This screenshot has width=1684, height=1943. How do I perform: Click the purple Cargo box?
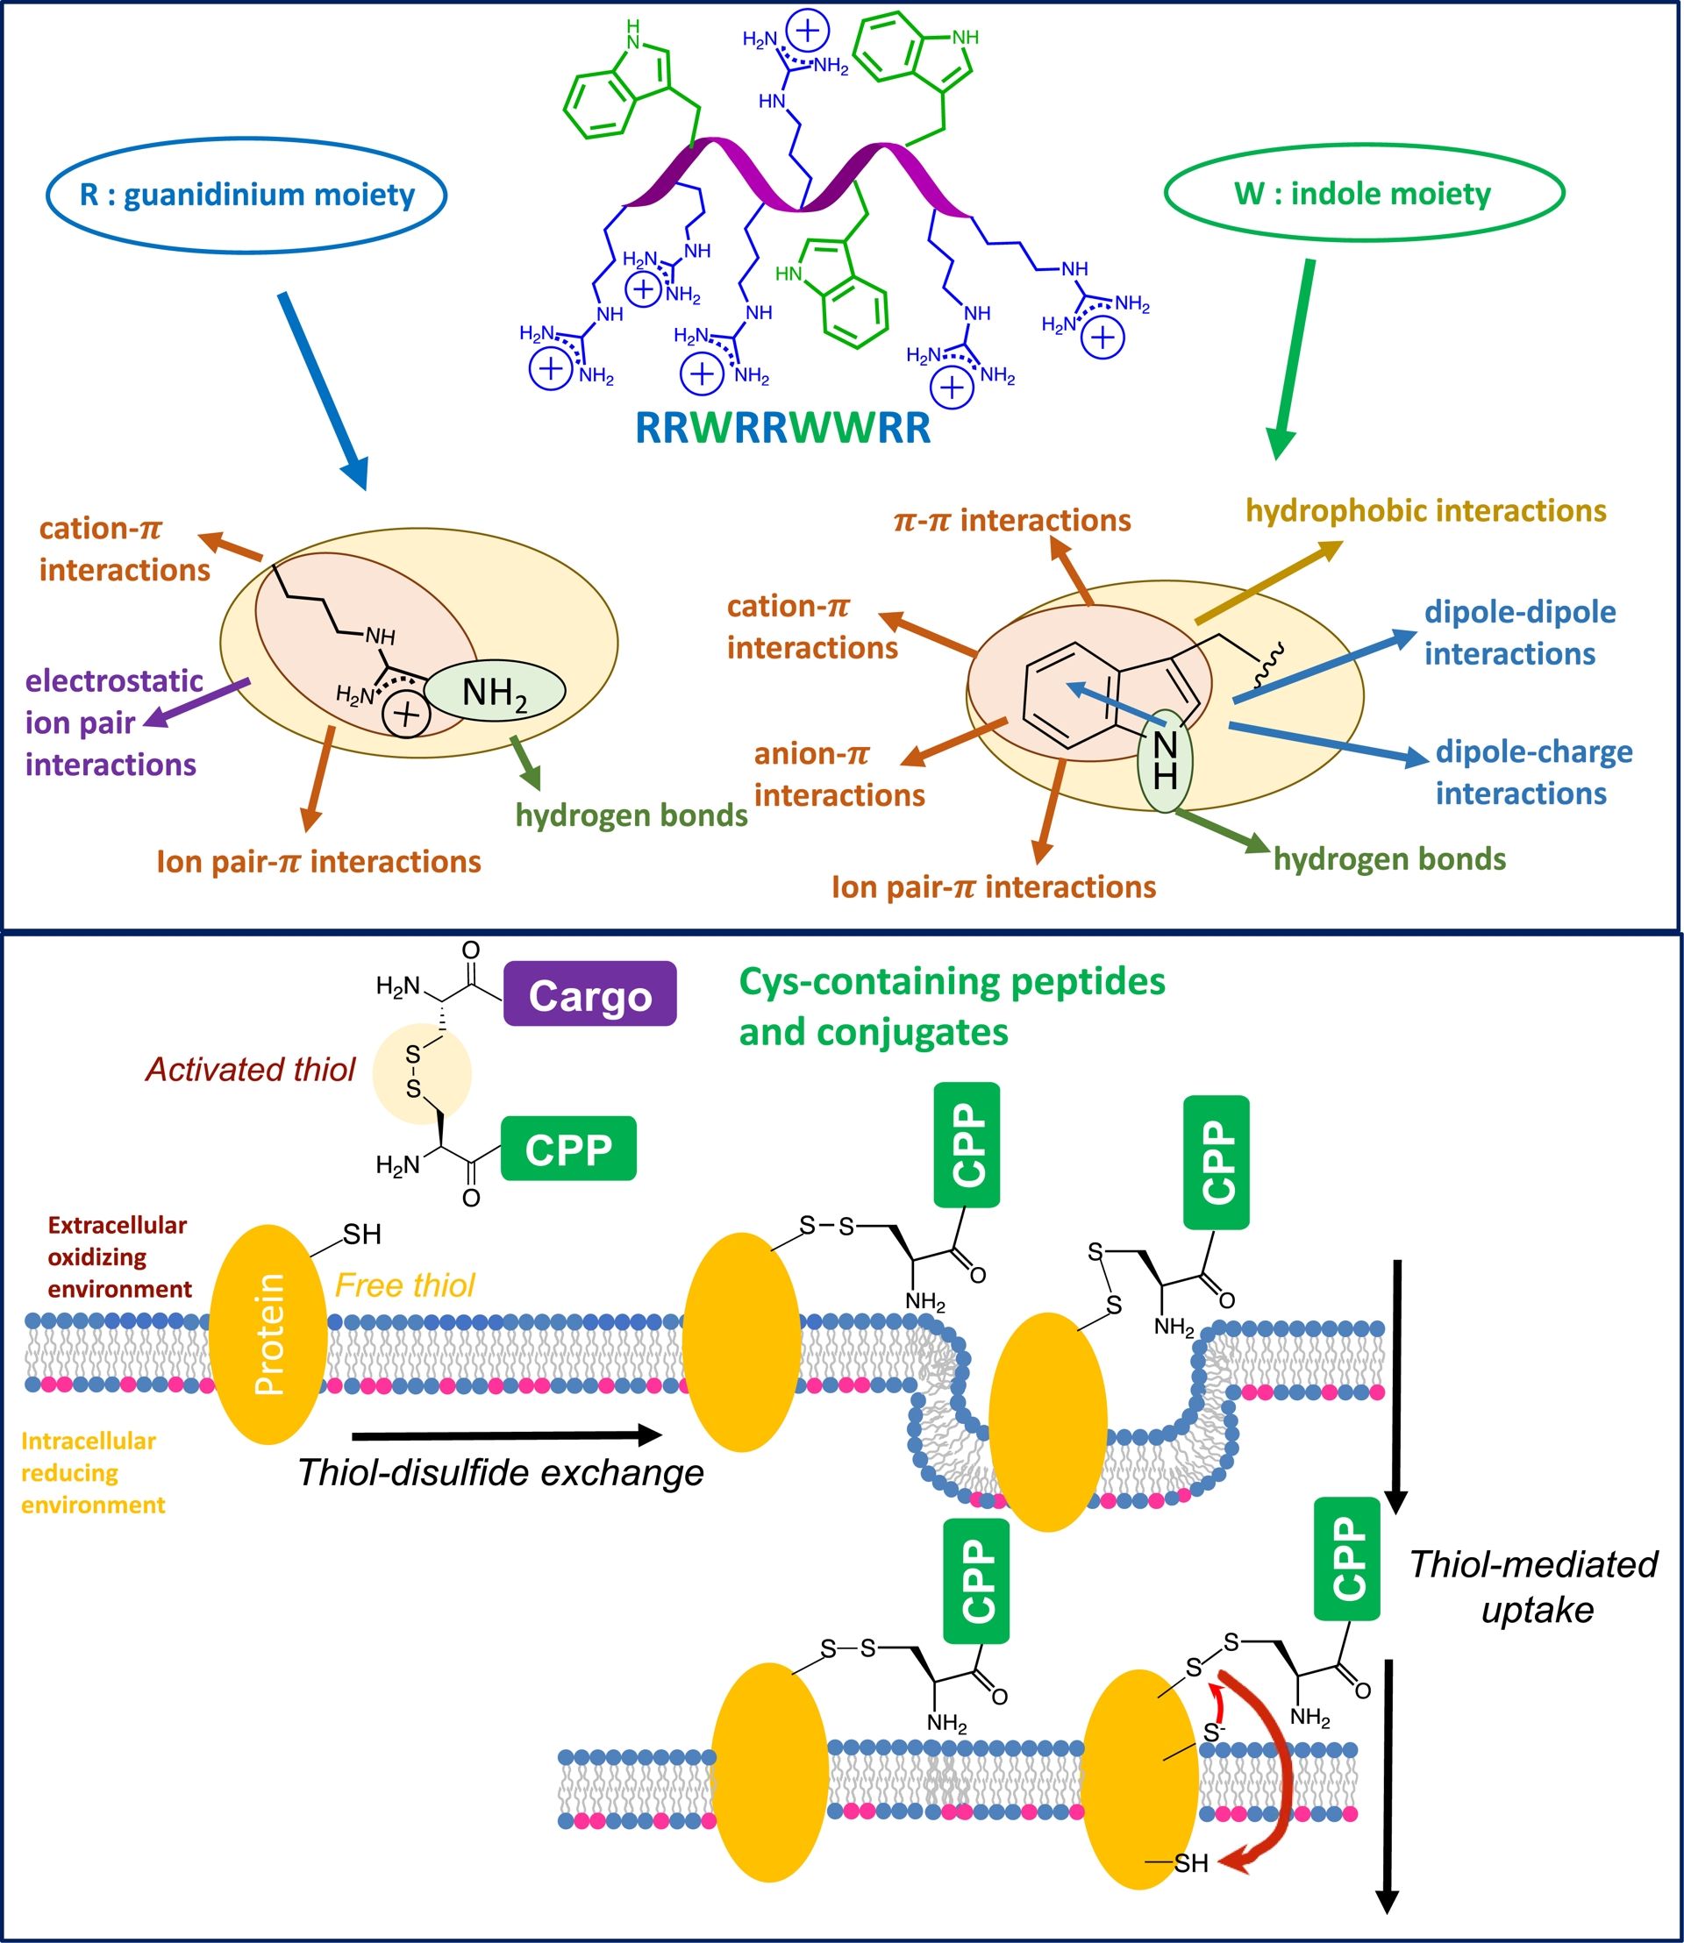589,994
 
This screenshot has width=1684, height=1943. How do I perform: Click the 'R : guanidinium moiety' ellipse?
246,196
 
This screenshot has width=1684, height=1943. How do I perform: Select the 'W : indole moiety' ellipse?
1364,194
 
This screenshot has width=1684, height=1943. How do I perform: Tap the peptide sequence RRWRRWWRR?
782,429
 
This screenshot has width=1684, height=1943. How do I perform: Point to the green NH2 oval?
495,692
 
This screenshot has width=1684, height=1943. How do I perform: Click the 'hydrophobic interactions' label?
1425,511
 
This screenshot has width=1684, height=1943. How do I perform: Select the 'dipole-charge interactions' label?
1534,772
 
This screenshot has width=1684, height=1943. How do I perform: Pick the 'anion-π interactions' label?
838,774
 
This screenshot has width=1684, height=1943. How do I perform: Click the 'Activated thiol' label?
250,1069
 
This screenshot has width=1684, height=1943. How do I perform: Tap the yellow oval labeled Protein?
268,1334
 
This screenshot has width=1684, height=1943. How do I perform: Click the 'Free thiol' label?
405,1285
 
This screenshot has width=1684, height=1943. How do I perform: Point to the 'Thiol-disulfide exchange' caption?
500,1472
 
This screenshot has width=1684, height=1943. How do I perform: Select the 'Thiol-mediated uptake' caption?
1534,1587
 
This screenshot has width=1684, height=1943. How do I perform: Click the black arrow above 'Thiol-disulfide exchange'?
507,1434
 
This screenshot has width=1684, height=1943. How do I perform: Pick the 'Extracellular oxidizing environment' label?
118,1257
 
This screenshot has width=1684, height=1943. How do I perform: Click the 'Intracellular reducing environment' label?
92,1473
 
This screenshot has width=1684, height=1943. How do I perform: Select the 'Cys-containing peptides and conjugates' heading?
951,1007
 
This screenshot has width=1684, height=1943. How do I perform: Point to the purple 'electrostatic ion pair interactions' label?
113,722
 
